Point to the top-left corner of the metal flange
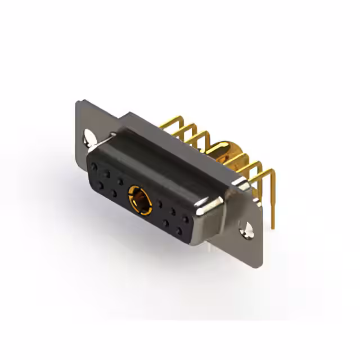pyautogui.click(x=77, y=101)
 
